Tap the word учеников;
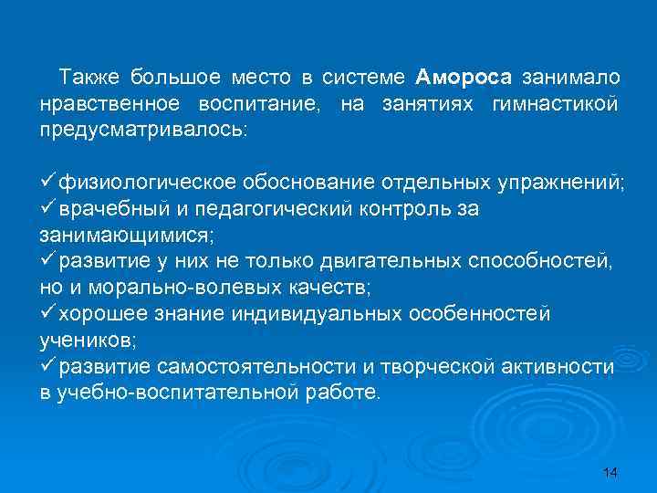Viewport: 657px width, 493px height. [x=88, y=340]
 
